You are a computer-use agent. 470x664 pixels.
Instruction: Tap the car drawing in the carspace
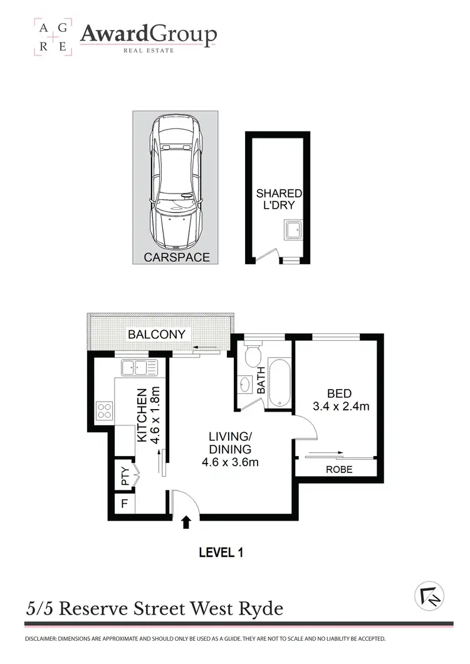pos(175,182)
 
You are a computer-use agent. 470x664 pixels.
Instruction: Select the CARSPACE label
pos(177,257)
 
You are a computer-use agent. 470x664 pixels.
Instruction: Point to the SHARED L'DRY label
pos(278,199)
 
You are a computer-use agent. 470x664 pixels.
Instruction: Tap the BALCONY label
pos(157,334)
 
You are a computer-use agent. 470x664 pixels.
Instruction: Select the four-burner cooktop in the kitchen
pos(104,412)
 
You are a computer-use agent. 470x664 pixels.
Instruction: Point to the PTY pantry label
pos(125,477)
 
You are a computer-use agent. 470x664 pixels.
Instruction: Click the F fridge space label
pos(124,503)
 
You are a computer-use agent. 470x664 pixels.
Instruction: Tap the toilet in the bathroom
pos(253,355)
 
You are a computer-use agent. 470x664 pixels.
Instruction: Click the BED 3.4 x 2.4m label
pos(340,400)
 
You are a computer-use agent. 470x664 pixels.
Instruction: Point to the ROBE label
pos(339,469)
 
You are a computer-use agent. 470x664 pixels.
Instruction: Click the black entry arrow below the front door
pos(185,522)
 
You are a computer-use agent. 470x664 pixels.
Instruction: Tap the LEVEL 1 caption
pos(220,552)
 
